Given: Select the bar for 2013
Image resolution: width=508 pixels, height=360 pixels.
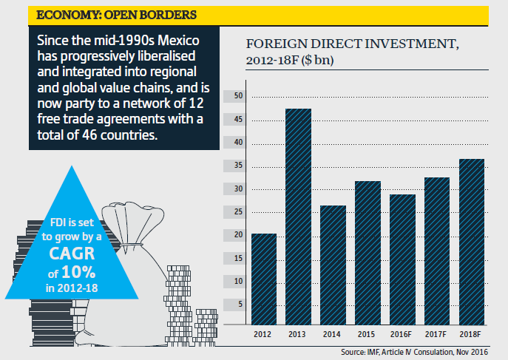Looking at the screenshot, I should point(298,218).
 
